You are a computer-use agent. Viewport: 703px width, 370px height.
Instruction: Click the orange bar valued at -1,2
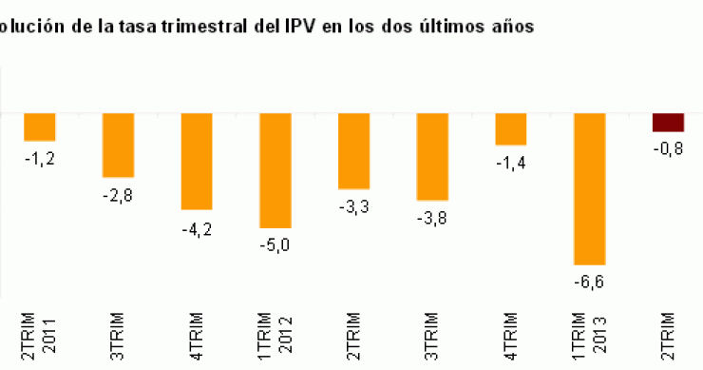click(39, 127)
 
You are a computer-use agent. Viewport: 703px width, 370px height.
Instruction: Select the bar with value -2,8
click(118, 146)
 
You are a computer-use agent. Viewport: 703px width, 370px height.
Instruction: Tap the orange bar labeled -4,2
click(197, 161)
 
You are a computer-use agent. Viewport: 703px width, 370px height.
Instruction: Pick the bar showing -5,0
click(275, 170)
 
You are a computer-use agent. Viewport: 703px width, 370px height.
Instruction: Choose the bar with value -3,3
click(353, 151)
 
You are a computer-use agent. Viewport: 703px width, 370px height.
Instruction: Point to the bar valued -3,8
click(432, 157)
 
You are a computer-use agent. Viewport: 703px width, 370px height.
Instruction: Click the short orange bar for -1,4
click(510, 129)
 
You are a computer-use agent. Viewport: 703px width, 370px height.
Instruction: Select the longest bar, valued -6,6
click(589, 188)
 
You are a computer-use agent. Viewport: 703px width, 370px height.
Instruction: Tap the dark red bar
click(668, 123)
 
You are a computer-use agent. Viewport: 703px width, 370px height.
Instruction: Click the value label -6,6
click(589, 282)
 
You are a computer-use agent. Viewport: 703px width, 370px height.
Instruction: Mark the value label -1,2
click(39, 158)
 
